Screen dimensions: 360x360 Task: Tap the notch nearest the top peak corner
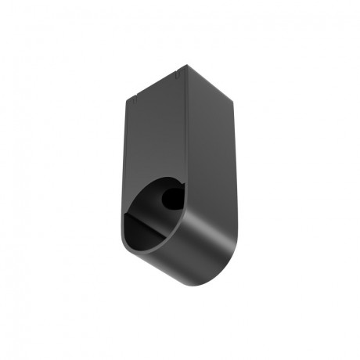point(179,77)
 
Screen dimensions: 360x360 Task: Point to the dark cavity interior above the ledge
point(149,207)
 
